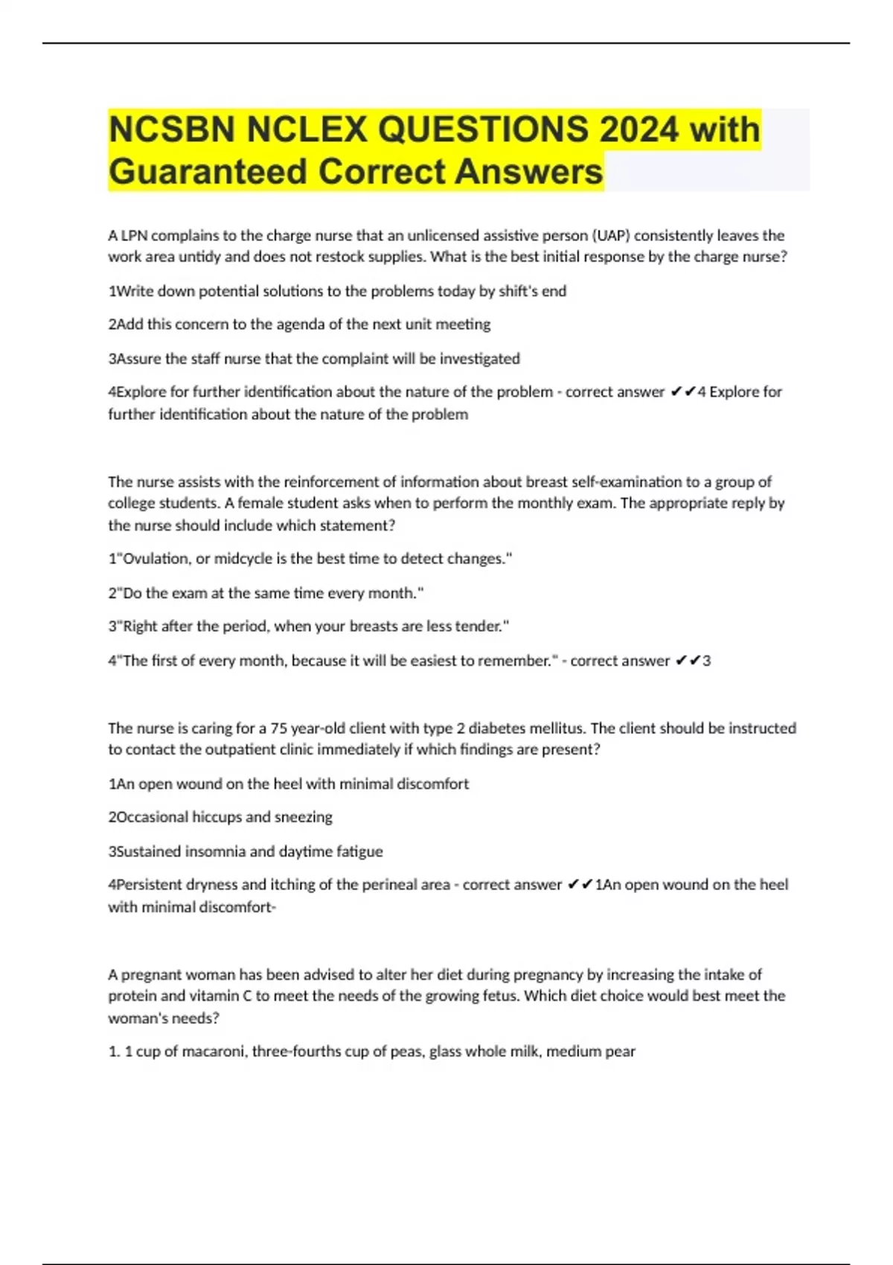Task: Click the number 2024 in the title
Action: pos(639,129)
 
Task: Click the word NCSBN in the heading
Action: pos(173,129)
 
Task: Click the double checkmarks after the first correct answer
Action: pos(682,392)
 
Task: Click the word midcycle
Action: pos(243,559)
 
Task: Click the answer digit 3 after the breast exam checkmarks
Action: pos(706,661)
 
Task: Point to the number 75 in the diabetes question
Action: pos(278,728)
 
